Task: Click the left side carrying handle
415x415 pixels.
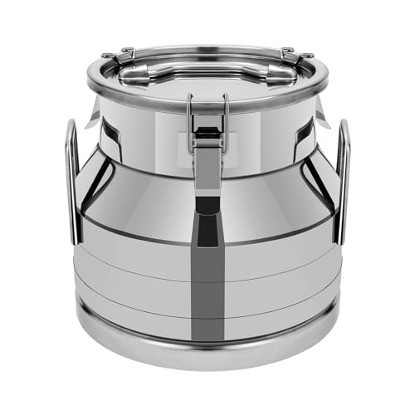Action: tap(72, 183)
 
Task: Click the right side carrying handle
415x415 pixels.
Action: tap(342, 183)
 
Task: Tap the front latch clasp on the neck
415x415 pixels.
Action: tap(207, 137)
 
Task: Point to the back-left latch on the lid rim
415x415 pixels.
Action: tap(122, 56)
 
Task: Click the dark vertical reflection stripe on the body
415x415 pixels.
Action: tap(207, 249)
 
